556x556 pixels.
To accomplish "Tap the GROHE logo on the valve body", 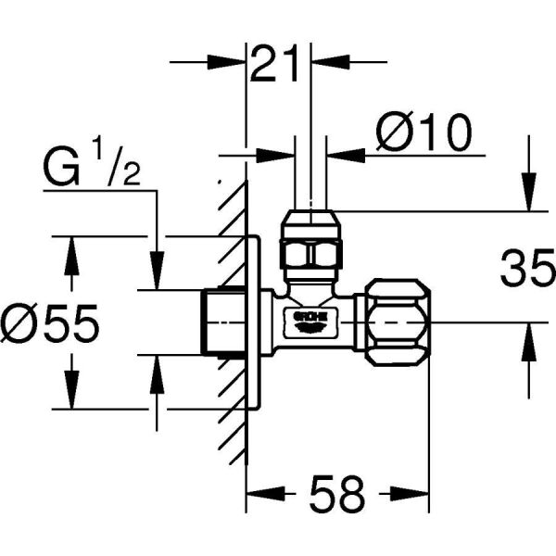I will pyautogui.click(x=310, y=321).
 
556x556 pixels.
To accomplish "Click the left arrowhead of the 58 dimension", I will pyautogui.click(x=259, y=494).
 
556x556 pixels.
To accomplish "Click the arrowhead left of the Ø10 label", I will pyautogui.click(x=347, y=154).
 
